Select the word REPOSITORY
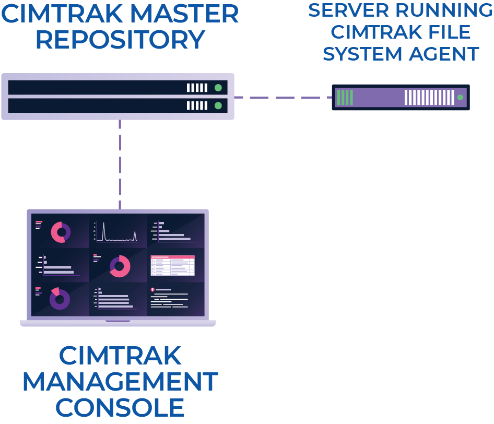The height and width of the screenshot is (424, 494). [x=120, y=40]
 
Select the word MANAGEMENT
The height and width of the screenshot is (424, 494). [x=120, y=382]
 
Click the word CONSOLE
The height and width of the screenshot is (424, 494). [x=120, y=407]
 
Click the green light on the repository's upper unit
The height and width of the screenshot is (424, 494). [x=218, y=88]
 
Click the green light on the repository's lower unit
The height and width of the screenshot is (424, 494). [x=218, y=105]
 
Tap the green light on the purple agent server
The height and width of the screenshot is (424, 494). [x=460, y=97]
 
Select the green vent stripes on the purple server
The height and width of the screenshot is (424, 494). [x=345, y=97]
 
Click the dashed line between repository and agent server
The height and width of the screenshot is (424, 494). [x=282, y=97]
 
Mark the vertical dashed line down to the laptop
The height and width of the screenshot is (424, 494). [x=120, y=164]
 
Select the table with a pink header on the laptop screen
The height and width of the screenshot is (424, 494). [x=172, y=265]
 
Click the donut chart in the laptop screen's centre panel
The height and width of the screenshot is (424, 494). [x=120, y=266]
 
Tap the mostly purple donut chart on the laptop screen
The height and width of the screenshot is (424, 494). [x=60, y=299]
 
